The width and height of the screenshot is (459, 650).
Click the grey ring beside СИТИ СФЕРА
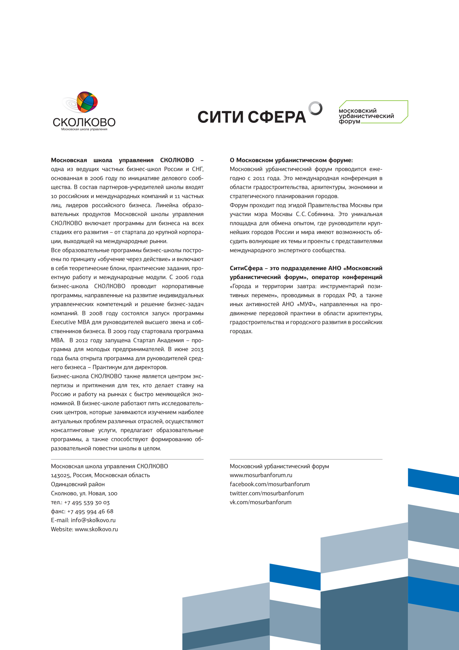point(315,108)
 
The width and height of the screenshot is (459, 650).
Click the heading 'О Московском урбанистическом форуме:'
point(291,160)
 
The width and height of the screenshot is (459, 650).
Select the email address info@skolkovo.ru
point(93,520)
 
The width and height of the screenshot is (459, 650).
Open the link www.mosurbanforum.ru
point(261,475)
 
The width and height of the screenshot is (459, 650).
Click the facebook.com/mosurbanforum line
point(270,484)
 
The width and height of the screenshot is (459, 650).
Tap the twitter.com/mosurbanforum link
point(267,493)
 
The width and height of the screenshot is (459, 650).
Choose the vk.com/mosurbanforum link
point(260,502)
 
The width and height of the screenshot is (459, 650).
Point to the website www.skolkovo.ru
point(96,529)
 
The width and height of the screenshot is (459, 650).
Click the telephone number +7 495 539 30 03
point(87,502)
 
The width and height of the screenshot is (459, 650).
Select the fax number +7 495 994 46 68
point(90,511)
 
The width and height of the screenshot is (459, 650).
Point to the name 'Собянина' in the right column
point(321,214)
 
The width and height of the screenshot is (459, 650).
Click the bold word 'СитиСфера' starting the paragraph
point(246,268)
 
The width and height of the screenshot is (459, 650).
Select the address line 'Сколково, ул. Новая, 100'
point(84,493)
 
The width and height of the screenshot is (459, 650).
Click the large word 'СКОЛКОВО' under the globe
point(84,122)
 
